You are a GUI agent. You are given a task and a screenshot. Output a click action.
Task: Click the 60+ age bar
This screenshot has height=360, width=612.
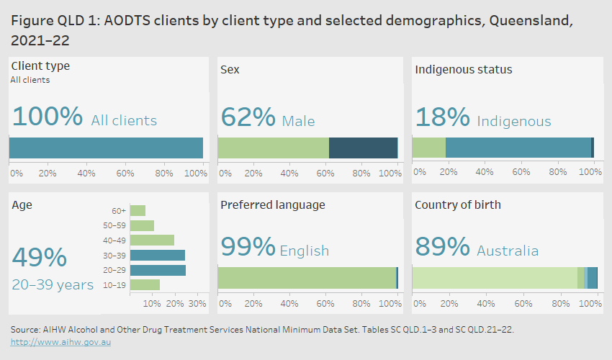[138, 210]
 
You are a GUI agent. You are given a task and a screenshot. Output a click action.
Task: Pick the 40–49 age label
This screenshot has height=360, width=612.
[114, 240]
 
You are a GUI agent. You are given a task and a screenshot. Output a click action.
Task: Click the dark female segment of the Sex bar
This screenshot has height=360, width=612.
[363, 148]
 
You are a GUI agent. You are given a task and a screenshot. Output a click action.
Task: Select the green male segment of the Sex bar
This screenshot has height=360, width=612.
[274, 148]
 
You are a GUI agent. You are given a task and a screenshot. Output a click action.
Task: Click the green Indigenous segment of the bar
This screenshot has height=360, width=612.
[428, 148]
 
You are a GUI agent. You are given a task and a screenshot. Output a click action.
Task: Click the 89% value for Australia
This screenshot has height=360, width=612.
[442, 248]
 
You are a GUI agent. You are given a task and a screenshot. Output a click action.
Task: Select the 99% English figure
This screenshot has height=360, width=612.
[248, 248]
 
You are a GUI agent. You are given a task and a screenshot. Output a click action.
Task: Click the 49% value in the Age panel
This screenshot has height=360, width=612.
[40, 258]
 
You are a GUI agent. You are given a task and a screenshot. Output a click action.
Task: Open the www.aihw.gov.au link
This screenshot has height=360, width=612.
[61, 342]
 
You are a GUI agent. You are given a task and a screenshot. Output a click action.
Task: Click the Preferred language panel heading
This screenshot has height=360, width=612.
[273, 205]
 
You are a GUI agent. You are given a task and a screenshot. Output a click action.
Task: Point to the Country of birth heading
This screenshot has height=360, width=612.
[458, 205]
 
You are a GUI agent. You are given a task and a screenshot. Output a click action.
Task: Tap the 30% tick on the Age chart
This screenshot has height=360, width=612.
[197, 303]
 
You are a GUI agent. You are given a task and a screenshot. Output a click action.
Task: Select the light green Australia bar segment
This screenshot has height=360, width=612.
[495, 278]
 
